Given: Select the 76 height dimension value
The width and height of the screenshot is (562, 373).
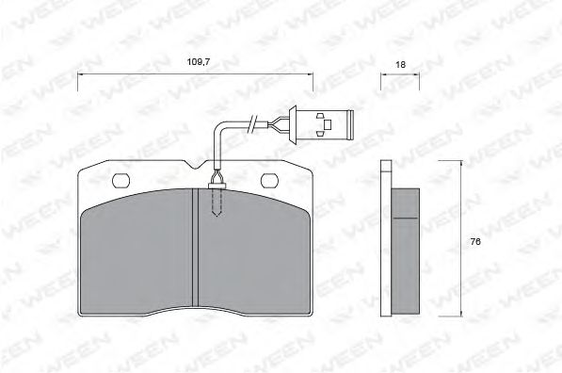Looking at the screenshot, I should [x=475, y=242].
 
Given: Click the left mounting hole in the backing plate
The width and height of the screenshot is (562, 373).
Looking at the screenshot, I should [x=120, y=180].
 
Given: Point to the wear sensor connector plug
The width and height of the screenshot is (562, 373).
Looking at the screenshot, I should [x=325, y=123].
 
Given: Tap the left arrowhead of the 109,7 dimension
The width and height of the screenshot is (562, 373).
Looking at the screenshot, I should [x=79, y=79].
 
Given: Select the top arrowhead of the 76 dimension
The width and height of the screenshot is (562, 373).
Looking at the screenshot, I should [x=460, y=164].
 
